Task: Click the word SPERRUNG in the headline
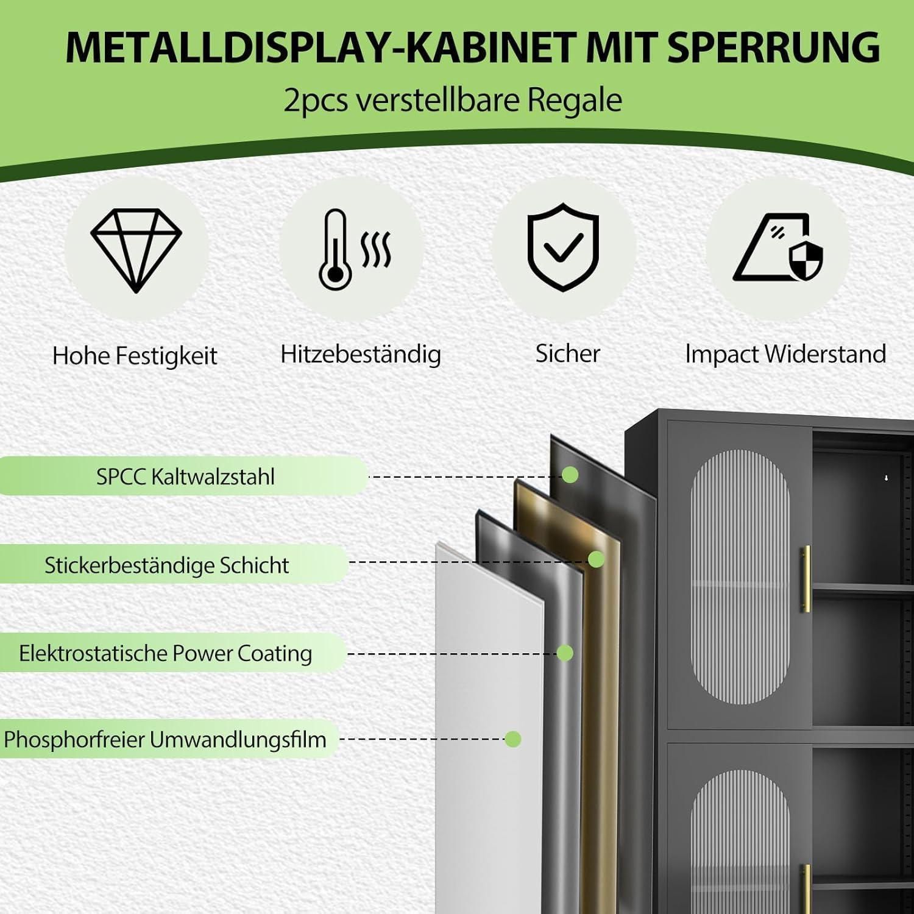click(774, 47)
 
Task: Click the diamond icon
click(136, 250)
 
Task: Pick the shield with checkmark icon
click(563, 247)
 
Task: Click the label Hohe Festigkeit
click(135, 356)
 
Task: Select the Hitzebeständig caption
click(361, 354)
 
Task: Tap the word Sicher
click(568, 353)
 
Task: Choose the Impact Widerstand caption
click(786, 354)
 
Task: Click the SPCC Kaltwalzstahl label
click(185, 476)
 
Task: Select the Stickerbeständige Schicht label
click(166, 565)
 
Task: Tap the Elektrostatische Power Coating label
click(165, 653)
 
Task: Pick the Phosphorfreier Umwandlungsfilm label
click(165, 740)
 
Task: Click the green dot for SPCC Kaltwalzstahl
click(570, 475)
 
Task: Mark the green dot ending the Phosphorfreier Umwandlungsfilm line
click(513, 739)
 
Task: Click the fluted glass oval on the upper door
click(740, 577)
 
